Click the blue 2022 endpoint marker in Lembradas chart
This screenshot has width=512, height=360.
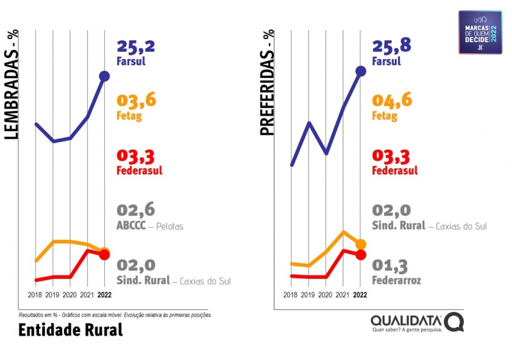(105, 76)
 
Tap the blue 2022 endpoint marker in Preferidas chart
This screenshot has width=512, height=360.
(360, 71)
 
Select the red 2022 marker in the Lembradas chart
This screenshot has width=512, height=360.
(105, 254)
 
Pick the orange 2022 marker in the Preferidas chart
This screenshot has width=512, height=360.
(360, 244)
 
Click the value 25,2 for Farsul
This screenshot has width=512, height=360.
(136, 46)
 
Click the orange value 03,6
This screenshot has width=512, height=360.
(136, 100)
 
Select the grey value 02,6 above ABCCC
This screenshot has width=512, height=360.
(136, 210)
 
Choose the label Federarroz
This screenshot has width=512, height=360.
(396, 280)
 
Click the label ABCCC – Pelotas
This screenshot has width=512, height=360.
(150, 226)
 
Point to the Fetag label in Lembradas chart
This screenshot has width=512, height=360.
(129, 116)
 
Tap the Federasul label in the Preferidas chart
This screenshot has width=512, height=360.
(395, 171)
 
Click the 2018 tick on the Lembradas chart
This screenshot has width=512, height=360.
(35, 295)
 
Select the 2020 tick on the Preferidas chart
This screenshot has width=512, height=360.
(326, 295)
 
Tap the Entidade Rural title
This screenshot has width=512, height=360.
(70, 331)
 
